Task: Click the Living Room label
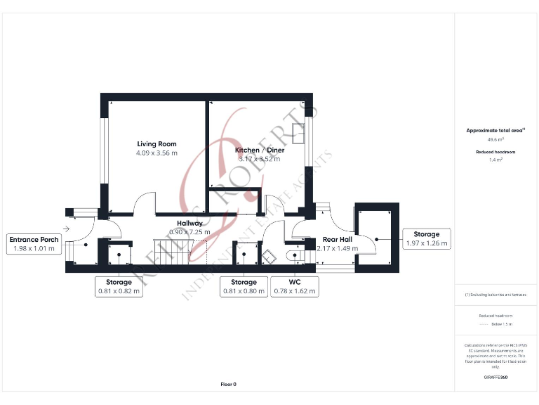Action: tap(157, 143)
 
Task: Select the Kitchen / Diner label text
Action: tap(256, 149)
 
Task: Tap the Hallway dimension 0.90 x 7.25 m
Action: tap(189, 231)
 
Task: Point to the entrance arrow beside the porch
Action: tap(67, 229)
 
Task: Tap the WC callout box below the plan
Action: tap(295, 286)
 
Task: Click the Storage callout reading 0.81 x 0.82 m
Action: tap(119, 286)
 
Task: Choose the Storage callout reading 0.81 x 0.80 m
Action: tap(244, 286)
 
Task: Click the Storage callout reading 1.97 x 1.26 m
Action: tap(426, 239)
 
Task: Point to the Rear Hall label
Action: tap(338, 239)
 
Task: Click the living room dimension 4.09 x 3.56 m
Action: tap(157, 153)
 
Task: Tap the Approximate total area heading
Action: tap(495, 131)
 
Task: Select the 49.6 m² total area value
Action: tap(495, 140)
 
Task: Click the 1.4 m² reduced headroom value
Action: tap(495, 160)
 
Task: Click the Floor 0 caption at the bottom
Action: tap(229, 385)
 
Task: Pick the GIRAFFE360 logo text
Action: tap(495, 378)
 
